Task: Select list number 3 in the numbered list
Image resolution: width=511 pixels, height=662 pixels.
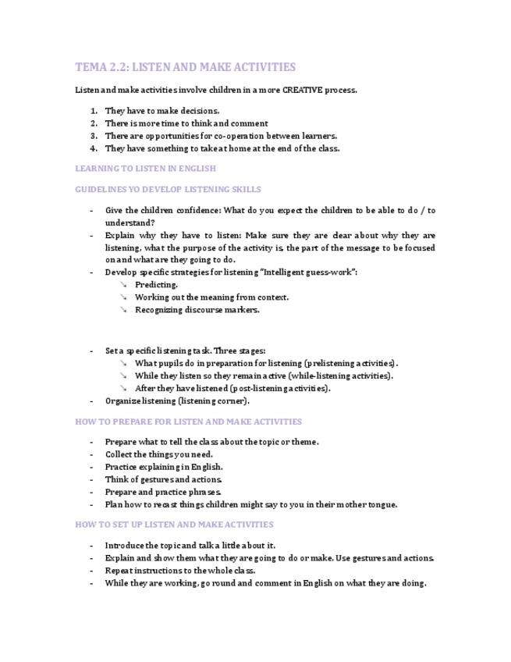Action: click(x=94, y=136)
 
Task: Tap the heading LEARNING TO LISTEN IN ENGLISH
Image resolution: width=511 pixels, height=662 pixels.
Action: click(x=145, y=169)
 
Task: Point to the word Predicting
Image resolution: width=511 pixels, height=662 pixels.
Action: click(x=156, y=285)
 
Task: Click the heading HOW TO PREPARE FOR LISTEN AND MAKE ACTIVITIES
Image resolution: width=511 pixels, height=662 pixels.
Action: click(x=188, y=422)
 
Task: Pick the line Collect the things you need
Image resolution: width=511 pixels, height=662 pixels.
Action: click(x=158, y=454)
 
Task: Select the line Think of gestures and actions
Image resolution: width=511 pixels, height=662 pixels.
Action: click(x=164, y=479)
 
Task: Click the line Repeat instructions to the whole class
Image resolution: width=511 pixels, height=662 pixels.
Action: click(x=180, y=571)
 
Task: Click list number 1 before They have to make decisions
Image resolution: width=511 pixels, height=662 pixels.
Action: click(x=94, y=111)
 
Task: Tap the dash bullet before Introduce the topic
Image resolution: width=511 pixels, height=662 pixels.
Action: click(x=91, y=546)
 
